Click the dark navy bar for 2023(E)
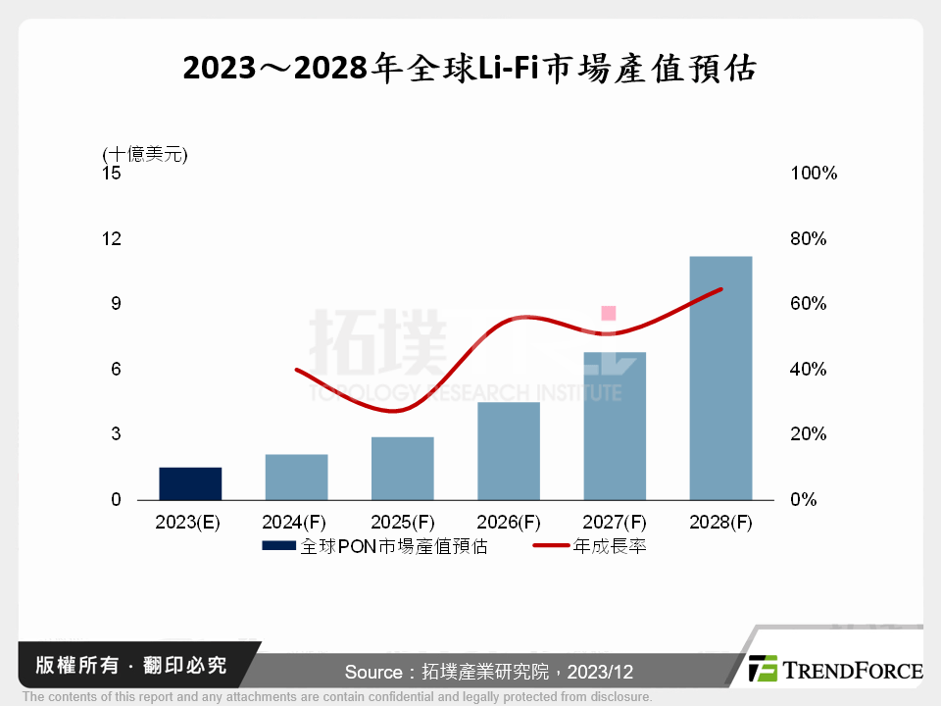tap(190, 483)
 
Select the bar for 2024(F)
tap(296, 477)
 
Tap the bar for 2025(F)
tap(402, 468)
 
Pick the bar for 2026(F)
tap(508, 451)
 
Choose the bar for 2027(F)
tap(615, 426)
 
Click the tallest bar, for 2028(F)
tap(720, 378)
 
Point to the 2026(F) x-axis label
tap(508, 523)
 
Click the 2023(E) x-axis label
tap(189, 523)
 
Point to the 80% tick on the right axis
tap(808, 238)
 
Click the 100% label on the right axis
tap(813, 174)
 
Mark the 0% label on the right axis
tap(803, 500)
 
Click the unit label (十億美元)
tap(144, 153)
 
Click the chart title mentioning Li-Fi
tap(470, 69)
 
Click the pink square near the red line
tap(608, 313)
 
